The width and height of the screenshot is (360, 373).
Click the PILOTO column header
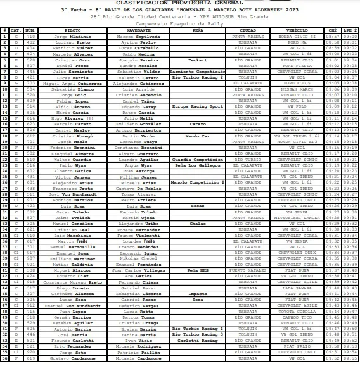tap(72, 30)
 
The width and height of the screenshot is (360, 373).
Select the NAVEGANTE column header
tap(139, 30)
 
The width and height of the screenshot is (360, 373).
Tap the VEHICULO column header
tap(297, 30)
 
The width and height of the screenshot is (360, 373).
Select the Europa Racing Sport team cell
tap(198, 106)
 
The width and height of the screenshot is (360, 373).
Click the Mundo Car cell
tap(198, 136)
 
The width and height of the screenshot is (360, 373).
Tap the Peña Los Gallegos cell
tap(198, 165)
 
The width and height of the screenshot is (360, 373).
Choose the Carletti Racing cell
tap(198, 340)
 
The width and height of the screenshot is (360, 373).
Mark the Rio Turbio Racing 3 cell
tap(198, 334)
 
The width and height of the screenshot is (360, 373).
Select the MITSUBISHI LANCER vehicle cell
tap(297, 217)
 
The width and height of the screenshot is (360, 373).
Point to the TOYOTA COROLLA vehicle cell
tap(297, 311)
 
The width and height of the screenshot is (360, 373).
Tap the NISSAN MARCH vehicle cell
tap(297, 89)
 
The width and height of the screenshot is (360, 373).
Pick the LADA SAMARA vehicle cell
tap(297, 288)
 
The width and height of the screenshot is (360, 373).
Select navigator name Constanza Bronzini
tap(139, 147)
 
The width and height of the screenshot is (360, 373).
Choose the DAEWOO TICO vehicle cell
tap(297, 317)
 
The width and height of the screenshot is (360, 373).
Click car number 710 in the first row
tap(30, 36)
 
